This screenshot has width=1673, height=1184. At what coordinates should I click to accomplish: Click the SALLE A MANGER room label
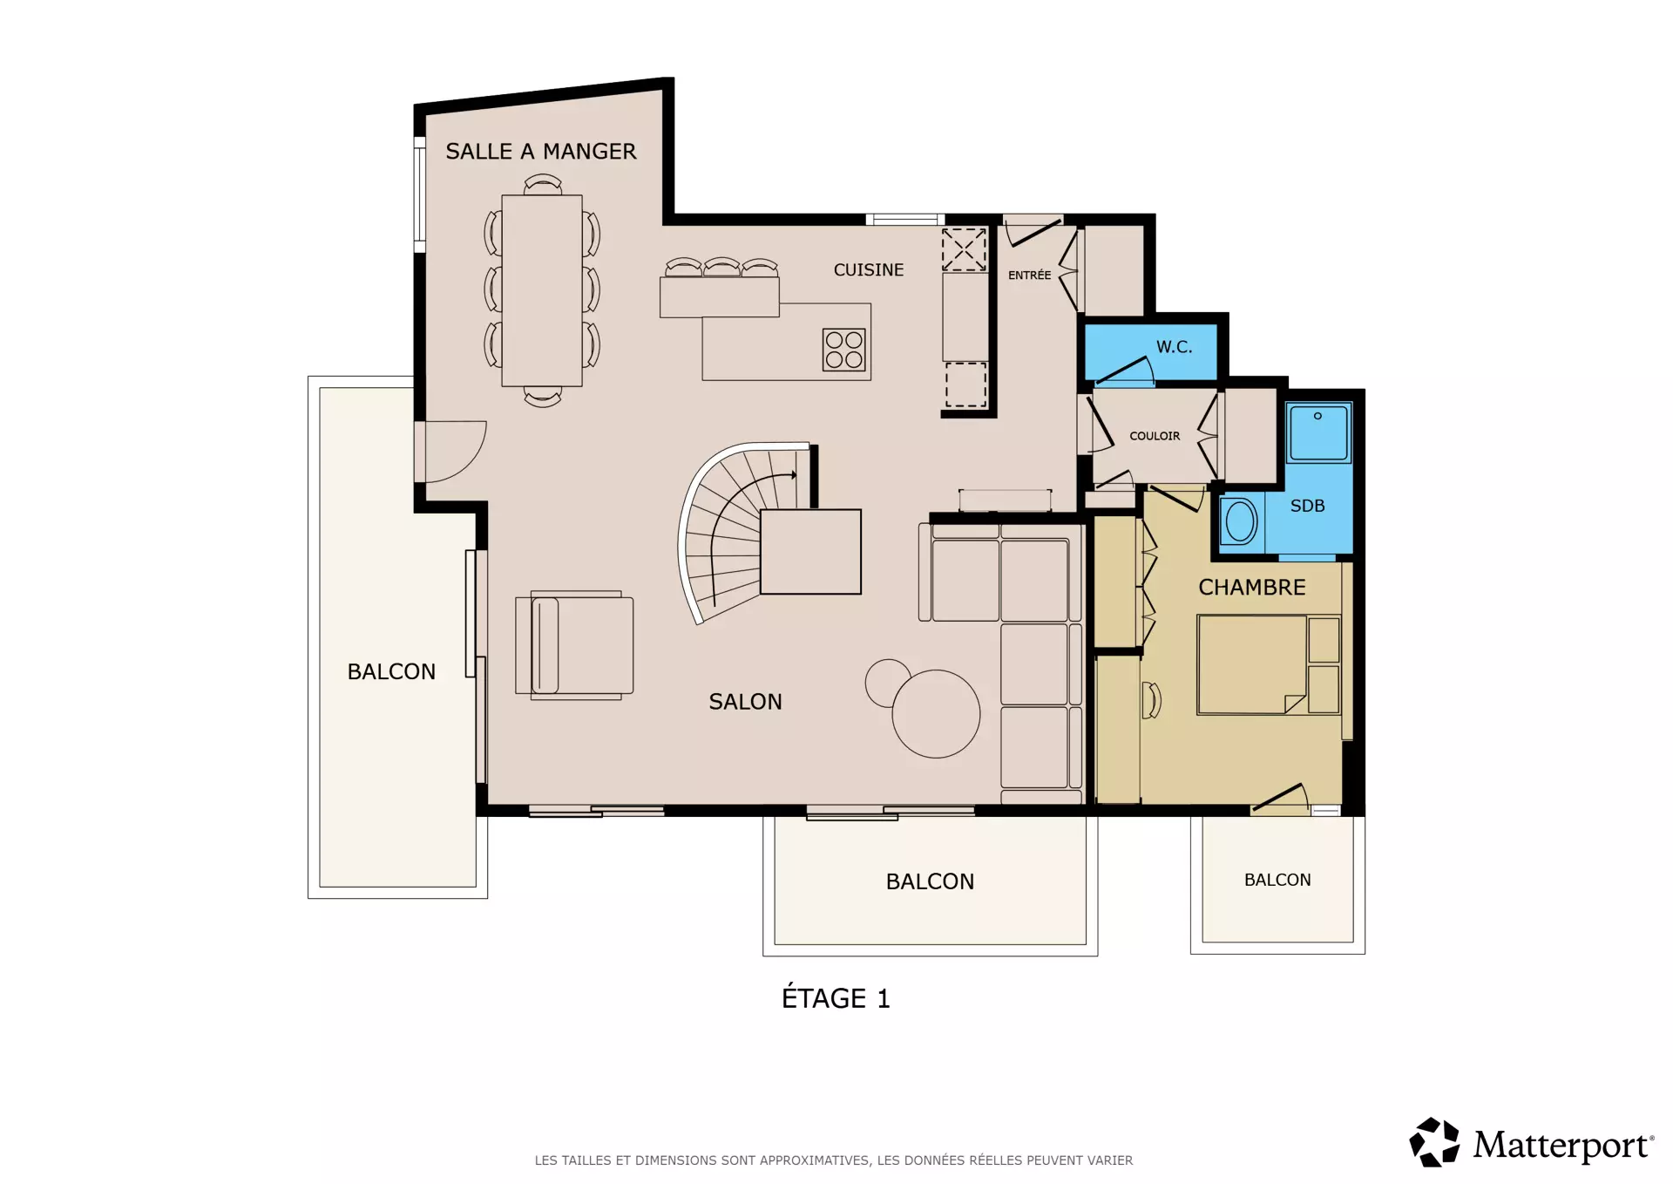541,152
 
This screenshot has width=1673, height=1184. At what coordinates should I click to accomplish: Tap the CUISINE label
869,270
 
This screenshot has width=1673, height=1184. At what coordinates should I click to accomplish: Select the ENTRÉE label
1030,275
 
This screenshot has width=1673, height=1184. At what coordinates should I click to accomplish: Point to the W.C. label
1175,347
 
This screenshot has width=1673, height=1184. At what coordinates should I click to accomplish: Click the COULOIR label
1155,436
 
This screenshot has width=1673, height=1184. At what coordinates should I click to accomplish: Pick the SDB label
1307,506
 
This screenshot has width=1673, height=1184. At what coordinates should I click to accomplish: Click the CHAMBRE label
1252,588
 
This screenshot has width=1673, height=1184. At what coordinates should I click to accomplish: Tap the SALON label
745,702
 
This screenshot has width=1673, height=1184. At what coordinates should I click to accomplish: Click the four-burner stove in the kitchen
844,350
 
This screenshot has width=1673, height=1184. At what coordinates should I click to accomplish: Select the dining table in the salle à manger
542,290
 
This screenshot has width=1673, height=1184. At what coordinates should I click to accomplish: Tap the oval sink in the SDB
1241,522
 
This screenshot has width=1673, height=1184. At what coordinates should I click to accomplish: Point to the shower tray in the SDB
1318,432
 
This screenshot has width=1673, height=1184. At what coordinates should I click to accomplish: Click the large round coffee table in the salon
936,713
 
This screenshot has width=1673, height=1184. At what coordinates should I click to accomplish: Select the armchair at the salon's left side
575,645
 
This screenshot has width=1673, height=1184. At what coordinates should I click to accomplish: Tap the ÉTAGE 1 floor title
836,997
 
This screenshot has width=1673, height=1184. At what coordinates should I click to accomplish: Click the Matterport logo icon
1434,1142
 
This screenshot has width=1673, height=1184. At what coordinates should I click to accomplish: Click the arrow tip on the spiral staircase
796,475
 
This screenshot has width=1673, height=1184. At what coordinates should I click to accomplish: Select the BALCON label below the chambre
1277,881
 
